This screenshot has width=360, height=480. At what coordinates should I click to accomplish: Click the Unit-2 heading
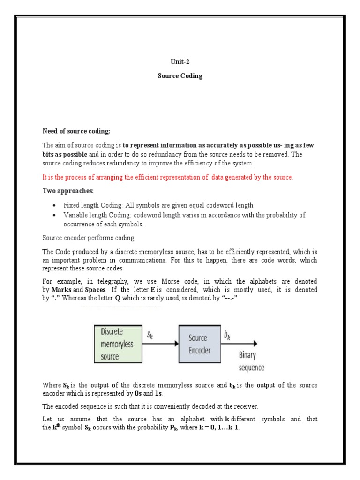180,61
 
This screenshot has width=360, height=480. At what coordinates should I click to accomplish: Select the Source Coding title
180,76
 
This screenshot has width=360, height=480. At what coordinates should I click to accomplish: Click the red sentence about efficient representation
167,177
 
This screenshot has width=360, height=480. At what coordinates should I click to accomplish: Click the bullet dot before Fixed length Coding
55,206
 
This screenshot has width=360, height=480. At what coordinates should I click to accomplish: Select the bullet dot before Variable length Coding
55,215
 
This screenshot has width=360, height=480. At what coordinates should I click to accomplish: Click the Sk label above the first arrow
150,335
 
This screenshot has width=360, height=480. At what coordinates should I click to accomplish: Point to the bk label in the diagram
228,335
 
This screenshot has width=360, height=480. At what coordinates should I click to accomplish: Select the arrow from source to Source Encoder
160,344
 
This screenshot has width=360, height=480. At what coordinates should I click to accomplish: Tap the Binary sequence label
252,361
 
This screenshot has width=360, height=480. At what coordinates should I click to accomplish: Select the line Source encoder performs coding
88,238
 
